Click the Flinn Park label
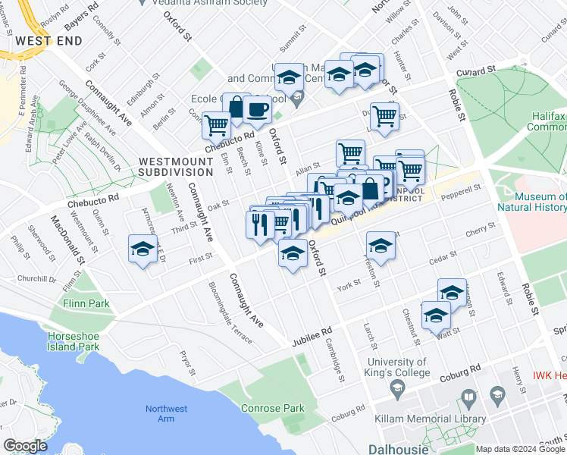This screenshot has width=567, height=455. click(x=86, y=303)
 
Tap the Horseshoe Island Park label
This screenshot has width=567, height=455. click(x=74, y=341)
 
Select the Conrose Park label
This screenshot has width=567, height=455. click(x=273, y=408)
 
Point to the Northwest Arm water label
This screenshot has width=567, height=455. click(x=166, y=414)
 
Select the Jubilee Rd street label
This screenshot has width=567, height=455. click(x=312, y=337)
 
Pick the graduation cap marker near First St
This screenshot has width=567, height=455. click(x=143, y=249)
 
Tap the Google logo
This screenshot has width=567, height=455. click(x=25, y=446)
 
